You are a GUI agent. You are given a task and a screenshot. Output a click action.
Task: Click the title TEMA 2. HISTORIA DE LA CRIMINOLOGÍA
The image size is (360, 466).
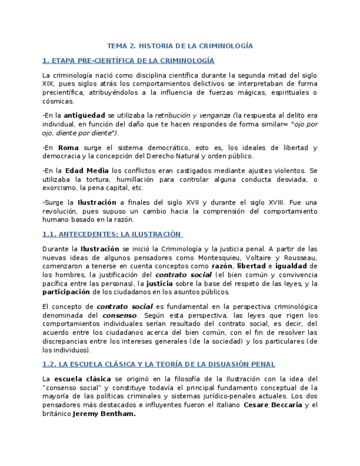tap(180, 46)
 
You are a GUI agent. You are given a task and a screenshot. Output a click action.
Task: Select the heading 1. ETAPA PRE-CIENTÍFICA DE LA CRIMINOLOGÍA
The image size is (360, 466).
tap(128, 60)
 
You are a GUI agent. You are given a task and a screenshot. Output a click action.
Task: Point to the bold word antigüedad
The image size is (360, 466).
tap(84, 116)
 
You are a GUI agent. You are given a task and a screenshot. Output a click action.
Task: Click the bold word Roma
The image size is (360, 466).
tap(69, 148)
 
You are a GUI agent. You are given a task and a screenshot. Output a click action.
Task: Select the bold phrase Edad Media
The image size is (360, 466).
tap(83, 171)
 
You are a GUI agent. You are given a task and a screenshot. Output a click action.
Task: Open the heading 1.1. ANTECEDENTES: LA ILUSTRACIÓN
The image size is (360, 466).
tap(112, 234)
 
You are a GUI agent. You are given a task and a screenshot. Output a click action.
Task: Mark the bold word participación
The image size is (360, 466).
tap(66, 292)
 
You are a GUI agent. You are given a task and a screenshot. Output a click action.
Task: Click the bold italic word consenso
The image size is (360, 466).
tap(120, 315)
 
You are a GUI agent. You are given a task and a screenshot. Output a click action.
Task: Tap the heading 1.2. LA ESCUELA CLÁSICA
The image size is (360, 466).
tap(158, 364)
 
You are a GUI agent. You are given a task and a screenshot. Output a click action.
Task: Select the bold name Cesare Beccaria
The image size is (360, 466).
tap(273, 405)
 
